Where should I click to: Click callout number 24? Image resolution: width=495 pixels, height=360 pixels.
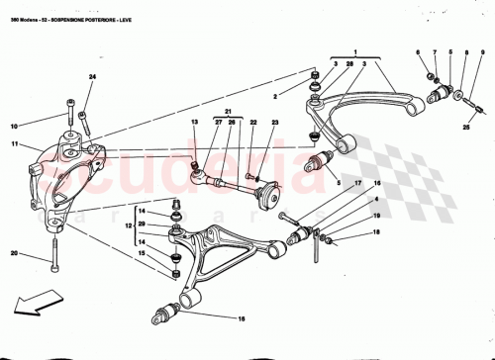click(x=92, y=77)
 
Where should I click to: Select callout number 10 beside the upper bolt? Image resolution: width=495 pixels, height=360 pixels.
click(x=15, y=126)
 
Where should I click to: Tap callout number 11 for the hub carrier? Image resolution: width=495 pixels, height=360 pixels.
click(x=15, y=145)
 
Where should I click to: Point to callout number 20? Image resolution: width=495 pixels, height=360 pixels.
click(x=15, y=254)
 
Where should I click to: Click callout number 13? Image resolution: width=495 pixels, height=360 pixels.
click(x=195, y=123)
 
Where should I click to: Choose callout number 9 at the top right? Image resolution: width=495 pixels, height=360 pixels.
click(x=465, y=51)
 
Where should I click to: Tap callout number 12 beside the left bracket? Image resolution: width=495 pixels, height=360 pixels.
click(x=126, y=226)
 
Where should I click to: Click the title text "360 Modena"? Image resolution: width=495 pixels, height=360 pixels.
click(x=25, y=8)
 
